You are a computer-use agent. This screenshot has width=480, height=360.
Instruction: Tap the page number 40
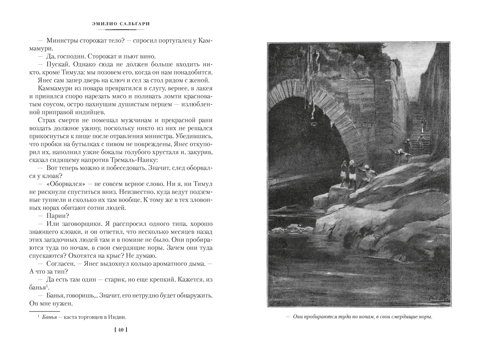pyautogui.click(x=120, y=330)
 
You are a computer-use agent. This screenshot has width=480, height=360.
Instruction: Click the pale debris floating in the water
pyautogui.click(x=286, y=227)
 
